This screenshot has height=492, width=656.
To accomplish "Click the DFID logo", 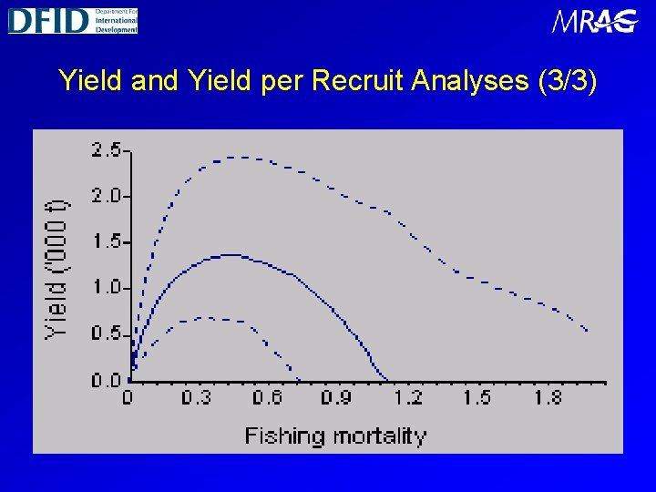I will (73, 19).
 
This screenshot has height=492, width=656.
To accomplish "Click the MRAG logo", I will (594, 21).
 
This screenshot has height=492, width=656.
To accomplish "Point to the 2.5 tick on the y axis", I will (107, 149).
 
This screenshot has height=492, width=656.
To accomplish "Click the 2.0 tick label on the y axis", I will (107, 195).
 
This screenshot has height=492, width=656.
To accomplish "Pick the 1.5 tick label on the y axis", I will (107, 241).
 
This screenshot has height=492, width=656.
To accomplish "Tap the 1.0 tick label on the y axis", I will (107, 287).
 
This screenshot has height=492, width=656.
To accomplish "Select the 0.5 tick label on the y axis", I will (107, 333).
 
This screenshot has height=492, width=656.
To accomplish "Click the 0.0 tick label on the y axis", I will (107, 379).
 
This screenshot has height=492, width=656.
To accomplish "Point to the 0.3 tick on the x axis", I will (197, 397).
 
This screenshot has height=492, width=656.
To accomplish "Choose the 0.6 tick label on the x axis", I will (267, 397).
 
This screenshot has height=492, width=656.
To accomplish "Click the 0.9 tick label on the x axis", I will (337, 397).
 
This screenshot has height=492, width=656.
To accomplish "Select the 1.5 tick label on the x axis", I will (477, 397).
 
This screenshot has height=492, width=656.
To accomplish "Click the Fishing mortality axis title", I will (335, 436).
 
